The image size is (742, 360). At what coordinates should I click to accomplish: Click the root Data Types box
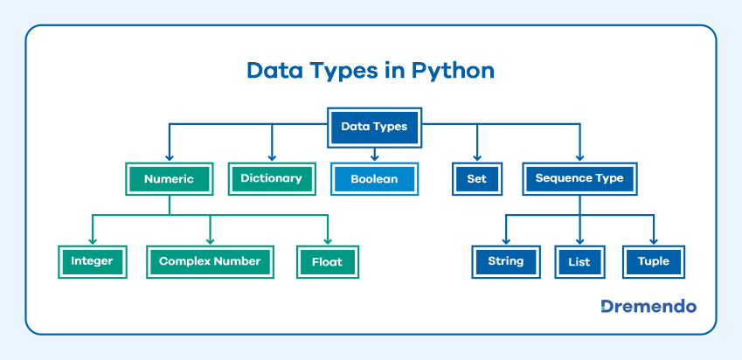point(374,127)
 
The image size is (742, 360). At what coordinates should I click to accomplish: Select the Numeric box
point(169,179)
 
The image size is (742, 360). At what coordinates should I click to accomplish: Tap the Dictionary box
point(271,178)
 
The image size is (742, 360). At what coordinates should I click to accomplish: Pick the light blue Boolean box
point(374,179)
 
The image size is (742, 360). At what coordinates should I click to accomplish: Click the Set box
point(476,179)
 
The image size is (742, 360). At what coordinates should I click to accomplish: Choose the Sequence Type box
point(579,178)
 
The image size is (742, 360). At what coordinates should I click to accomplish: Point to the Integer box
point(92,261)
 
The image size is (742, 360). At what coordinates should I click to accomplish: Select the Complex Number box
point(210,261)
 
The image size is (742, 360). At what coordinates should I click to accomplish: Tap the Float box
point(328,261)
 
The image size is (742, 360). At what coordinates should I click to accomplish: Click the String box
point(506,261)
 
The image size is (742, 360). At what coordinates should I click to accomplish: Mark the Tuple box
point(653,261)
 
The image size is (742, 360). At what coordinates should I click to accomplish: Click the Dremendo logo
point(648,307)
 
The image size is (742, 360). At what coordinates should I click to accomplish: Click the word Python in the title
point(454,71)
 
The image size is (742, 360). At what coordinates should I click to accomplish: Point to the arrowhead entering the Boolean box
point(374,157)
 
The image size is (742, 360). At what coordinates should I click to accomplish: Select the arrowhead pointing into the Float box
point(328,241)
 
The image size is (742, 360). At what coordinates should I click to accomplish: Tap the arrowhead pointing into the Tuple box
point(653,241)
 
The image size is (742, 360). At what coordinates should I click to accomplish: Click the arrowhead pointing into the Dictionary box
point(271,157)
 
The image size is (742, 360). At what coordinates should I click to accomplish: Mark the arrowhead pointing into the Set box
point(476,157)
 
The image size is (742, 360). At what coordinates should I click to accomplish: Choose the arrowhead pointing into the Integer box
point(92,241)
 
